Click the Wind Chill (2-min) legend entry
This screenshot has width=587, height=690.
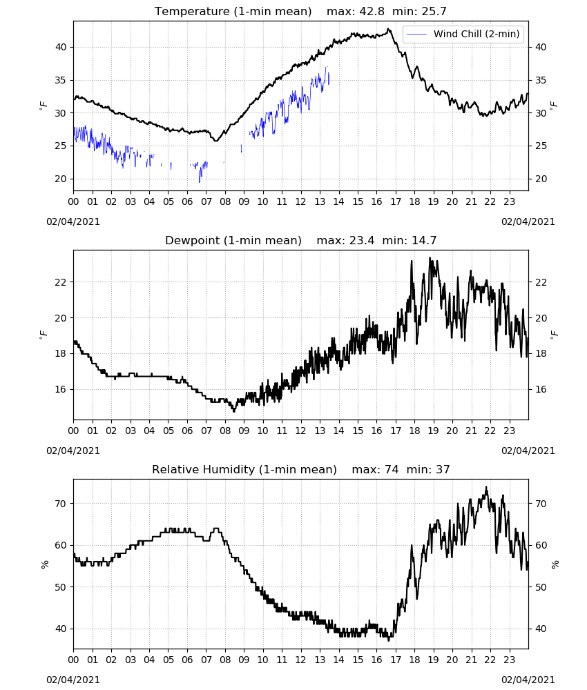[x=463, y=34]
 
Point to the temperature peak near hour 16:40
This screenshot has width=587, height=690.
[x=388, y=29]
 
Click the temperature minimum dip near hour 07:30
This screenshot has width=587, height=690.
[x=215, y=140]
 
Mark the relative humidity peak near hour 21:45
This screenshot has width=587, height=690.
[x=486, y=487]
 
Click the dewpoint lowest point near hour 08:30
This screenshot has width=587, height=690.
[x=234, y=411]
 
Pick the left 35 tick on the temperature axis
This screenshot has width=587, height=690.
[x=61, y=80]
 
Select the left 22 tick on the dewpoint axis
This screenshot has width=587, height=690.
[x=61, y=282]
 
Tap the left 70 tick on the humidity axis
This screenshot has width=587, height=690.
[x=61, y=504]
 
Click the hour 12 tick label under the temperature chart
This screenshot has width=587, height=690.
[x=301, y=201]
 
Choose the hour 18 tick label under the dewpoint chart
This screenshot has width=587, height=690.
[x=414, y=431]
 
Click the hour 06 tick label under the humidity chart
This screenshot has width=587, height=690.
[x=187, y=660]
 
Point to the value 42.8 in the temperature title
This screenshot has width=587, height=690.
[x=372, y=11]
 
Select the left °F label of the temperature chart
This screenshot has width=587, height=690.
[x=43, y=106]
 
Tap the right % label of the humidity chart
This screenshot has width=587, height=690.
[x=555, y=564]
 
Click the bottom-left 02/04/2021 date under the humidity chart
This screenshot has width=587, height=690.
[x=73, y=680]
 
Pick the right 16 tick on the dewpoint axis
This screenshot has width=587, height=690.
[x=541, y=389]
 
